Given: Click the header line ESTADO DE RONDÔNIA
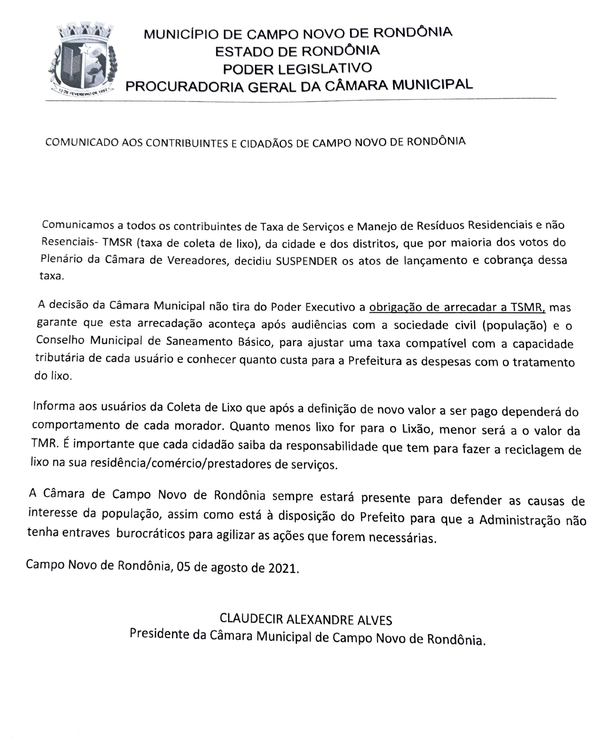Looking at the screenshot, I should click(297, 50).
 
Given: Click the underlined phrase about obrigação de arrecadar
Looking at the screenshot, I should click(457, 308).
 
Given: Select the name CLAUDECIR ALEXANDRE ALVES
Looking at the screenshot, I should click(306, 619).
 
